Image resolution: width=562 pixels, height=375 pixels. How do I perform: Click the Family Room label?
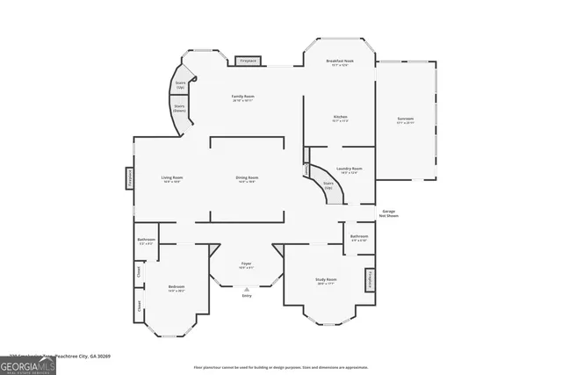(243, 97)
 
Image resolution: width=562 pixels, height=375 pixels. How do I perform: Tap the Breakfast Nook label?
(340, 62)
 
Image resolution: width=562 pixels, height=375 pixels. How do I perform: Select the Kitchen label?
(340, 119)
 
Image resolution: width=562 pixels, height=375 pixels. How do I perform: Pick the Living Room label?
(171, 179)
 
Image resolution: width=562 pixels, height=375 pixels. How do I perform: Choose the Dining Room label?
(247, 179)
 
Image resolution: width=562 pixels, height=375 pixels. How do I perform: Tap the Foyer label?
(247, 264)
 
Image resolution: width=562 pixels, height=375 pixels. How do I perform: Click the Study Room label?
(327, 281)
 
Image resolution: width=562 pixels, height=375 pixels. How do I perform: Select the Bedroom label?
(177, 288)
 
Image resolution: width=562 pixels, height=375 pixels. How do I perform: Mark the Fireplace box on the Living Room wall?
(128, 179)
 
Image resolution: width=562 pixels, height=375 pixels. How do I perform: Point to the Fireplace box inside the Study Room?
(370, 279)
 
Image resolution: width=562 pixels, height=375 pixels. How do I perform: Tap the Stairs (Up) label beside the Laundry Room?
(328, 186)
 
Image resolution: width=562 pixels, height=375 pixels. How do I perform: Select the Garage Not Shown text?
(388, 213)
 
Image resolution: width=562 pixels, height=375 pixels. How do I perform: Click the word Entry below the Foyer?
(247, 296)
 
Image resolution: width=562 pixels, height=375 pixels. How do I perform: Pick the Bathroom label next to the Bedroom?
(146, 242)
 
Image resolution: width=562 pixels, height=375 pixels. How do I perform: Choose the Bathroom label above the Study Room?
(358, 237)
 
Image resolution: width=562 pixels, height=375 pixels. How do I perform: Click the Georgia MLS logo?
(28, 364)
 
